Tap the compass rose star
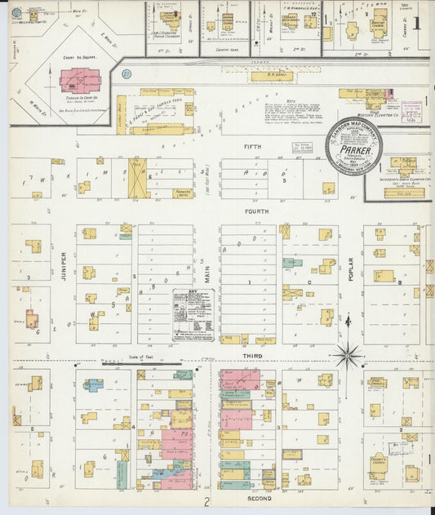(348, 356)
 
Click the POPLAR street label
(351, 269)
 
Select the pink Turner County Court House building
(79, 80)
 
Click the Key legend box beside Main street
(193, 314)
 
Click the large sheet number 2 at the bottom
(207, 502)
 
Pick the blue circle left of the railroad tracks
(127, 74)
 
